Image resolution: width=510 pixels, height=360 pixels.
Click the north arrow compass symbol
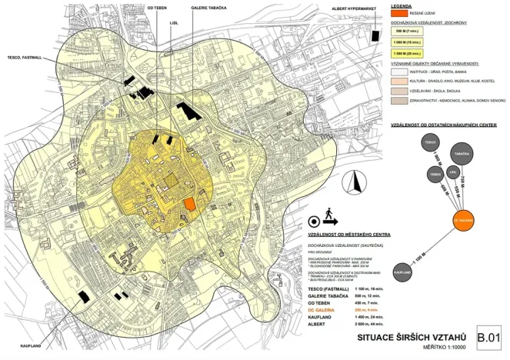coord(355,184)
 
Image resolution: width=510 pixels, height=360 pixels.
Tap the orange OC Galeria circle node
coord(462,219)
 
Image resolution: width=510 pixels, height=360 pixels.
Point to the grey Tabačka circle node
coord(462,154)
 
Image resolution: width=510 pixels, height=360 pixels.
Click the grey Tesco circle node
coord(429,144)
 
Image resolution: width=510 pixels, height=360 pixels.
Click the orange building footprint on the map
coord(190,204)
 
